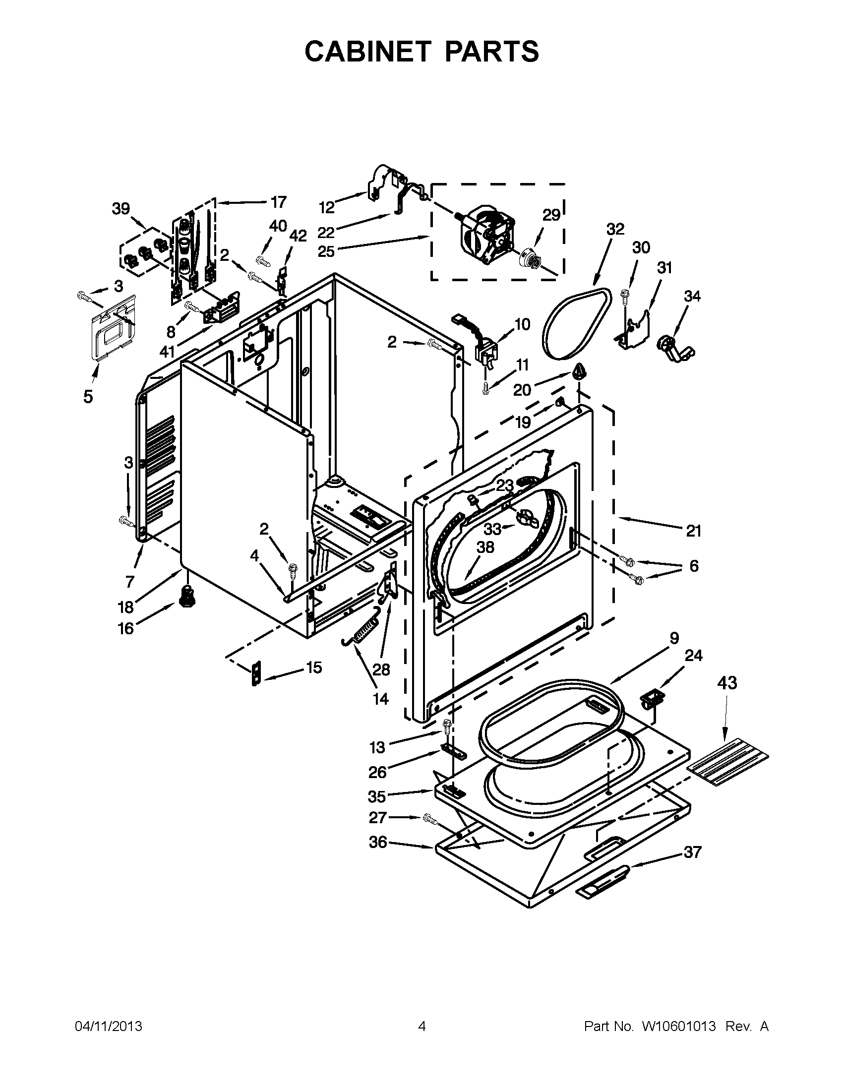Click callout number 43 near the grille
726,682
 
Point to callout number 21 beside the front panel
693,531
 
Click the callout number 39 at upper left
121,209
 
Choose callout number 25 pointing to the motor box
326,251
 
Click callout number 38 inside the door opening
485,547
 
